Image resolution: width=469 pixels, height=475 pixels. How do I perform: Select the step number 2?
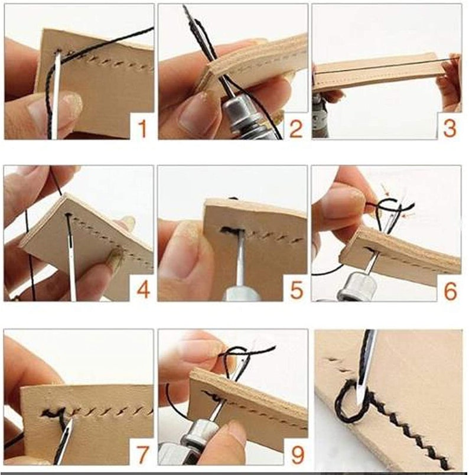point(296,128)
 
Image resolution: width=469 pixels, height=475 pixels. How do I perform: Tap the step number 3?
point(450,128)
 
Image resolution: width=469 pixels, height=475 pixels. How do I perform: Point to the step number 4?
point(144,290)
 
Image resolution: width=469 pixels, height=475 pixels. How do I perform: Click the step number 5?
point(297,290)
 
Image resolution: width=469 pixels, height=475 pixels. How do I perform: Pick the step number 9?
point(297,454)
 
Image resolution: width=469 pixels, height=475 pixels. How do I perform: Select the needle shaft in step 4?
point(70,258)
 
